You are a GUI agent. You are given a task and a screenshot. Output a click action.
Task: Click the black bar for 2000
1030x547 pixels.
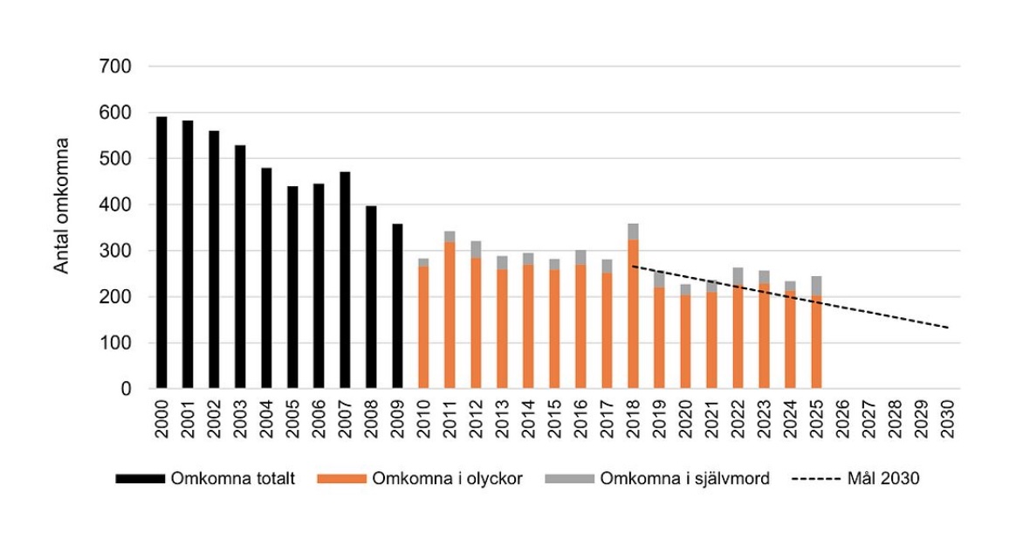pos(161,253)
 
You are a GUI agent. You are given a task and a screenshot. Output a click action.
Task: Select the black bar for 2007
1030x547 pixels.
pos(345,280)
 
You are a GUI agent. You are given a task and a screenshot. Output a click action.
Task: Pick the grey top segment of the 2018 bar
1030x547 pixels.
pos(633,232)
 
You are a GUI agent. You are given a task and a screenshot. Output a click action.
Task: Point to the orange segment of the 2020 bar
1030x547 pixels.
pos(685,342)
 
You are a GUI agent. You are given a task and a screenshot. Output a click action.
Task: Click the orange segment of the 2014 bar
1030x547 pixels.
pos(528,327)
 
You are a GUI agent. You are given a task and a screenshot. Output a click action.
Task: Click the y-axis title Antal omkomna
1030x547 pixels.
pos(62,204)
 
